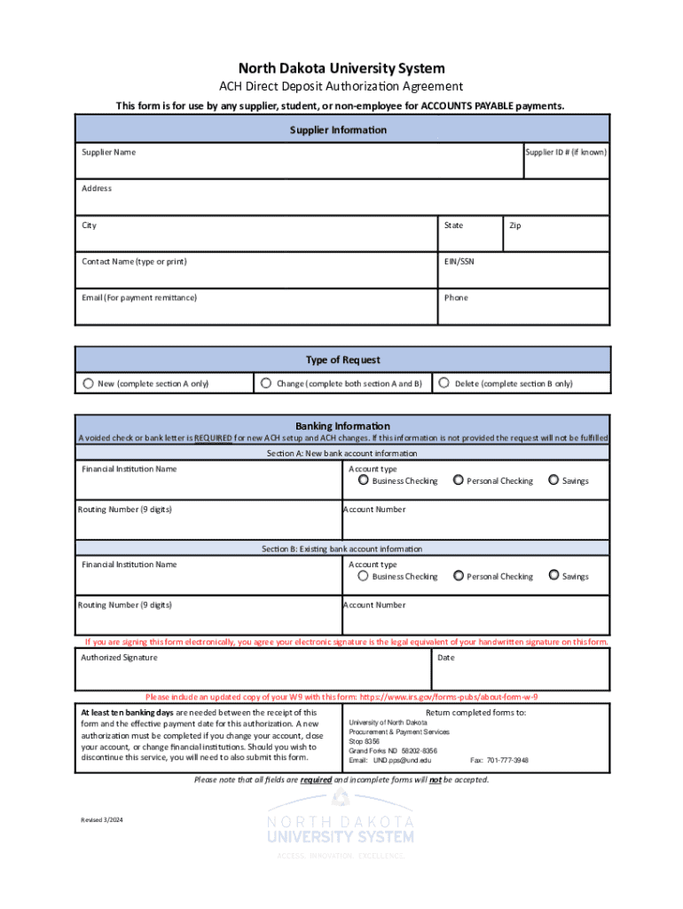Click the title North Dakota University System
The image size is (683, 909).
pos(341,68)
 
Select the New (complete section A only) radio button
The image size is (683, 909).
pos(88,383)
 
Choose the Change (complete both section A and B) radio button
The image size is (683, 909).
pos(265,383)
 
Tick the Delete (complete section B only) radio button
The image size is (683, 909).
pos(444,383)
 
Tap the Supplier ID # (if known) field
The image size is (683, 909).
pos(566,165)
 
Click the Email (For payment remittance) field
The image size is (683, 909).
pos(256,310)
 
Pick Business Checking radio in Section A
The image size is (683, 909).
pos(363,480)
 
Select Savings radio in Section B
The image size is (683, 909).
pos(553,575)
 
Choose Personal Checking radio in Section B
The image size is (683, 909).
pos(458,575)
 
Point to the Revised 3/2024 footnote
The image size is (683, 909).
pos(101,820)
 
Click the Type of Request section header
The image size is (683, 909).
pos(342,360)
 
